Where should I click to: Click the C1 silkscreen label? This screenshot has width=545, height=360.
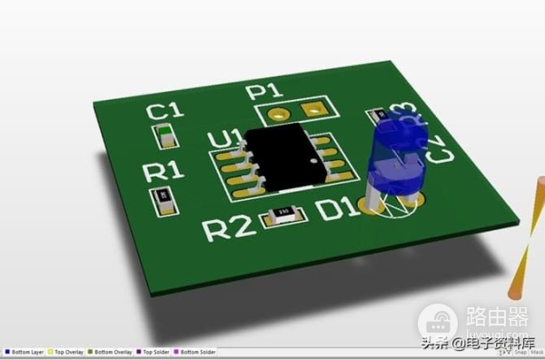click(x=165, y=111)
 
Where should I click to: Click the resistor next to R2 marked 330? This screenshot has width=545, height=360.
click(x=283, y=216)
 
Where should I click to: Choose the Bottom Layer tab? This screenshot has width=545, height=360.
click(x=25, y=351)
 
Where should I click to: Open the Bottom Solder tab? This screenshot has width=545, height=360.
click(x=195, y=351)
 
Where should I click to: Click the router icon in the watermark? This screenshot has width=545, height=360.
click(x=441, y=319)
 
